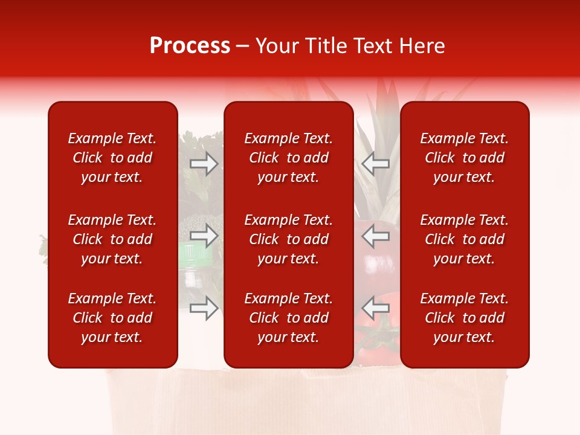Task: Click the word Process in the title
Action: pos(190,46)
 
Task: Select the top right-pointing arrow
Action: pos(204,164)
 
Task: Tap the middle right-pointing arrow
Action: pos(204,236)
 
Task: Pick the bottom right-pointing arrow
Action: pos(204,309)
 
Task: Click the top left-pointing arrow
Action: pos(376,164)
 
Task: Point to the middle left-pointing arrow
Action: pos(376,236)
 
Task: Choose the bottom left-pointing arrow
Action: pos(376,309)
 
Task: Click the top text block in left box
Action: pos(112,158)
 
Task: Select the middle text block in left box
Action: pos(112,239)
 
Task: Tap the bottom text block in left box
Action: pos(112,318)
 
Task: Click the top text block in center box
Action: pos(288,158)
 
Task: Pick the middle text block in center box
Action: pos(288,239)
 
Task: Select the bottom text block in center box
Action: pos(288,318)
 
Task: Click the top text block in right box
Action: pos(464,158)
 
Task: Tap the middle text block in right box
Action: pos(464,239)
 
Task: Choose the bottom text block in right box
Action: pos(464,318)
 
